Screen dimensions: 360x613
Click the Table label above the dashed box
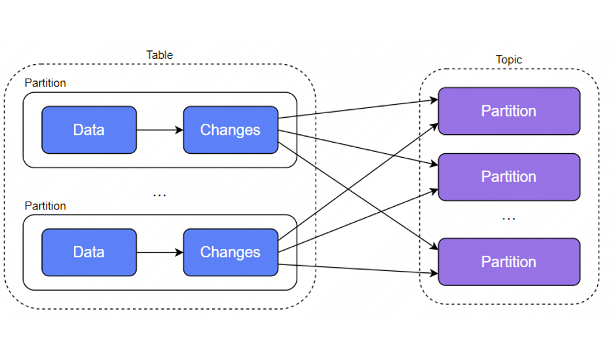(159, 55)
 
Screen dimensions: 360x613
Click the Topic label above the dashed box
(509, 60)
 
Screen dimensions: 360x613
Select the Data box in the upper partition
(89, 130)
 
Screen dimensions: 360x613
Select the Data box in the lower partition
(89, 252)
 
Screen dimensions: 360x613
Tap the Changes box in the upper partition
(230, 130)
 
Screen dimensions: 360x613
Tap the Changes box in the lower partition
(230, 252)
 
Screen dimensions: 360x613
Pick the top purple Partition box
(509, 111)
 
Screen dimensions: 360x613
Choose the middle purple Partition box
(509, 177)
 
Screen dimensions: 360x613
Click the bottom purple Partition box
(509, 262)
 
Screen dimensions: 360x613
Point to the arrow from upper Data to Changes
(160, 130)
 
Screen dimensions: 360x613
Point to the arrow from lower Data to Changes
(160, 252)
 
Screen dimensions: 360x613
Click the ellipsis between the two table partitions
(159, 194)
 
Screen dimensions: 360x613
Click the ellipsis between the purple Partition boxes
(509, 218)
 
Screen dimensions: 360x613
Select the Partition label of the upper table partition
(45, 84)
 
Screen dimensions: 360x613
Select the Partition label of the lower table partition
(45, 206)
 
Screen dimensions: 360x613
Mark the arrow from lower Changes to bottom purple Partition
(357, 268)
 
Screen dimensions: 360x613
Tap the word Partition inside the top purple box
(509, 111)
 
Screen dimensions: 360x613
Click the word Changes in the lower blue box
(230, 252)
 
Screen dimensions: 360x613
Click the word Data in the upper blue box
(89, 130)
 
